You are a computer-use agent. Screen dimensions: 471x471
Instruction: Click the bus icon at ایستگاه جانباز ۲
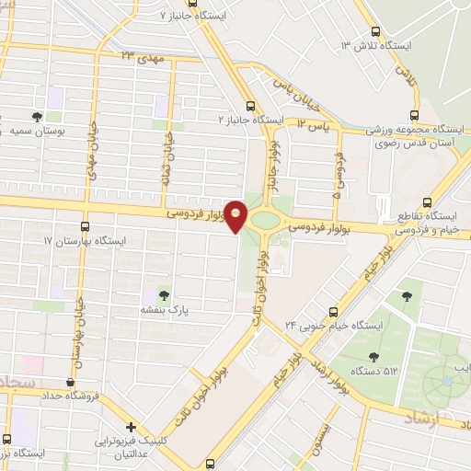tap(252, 105)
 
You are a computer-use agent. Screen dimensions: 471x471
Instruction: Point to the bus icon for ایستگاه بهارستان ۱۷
tap(86, 225)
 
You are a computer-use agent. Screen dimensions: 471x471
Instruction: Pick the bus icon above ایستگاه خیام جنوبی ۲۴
tap(334, 311)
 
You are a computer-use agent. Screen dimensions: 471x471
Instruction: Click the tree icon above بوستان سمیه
tap(37, 117)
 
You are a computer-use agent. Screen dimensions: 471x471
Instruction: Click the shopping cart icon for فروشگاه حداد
tap(71, 382)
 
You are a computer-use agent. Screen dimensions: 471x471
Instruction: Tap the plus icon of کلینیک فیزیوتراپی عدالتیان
tap(132, 427)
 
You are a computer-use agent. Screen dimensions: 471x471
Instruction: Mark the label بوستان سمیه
tap(37, 132)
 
